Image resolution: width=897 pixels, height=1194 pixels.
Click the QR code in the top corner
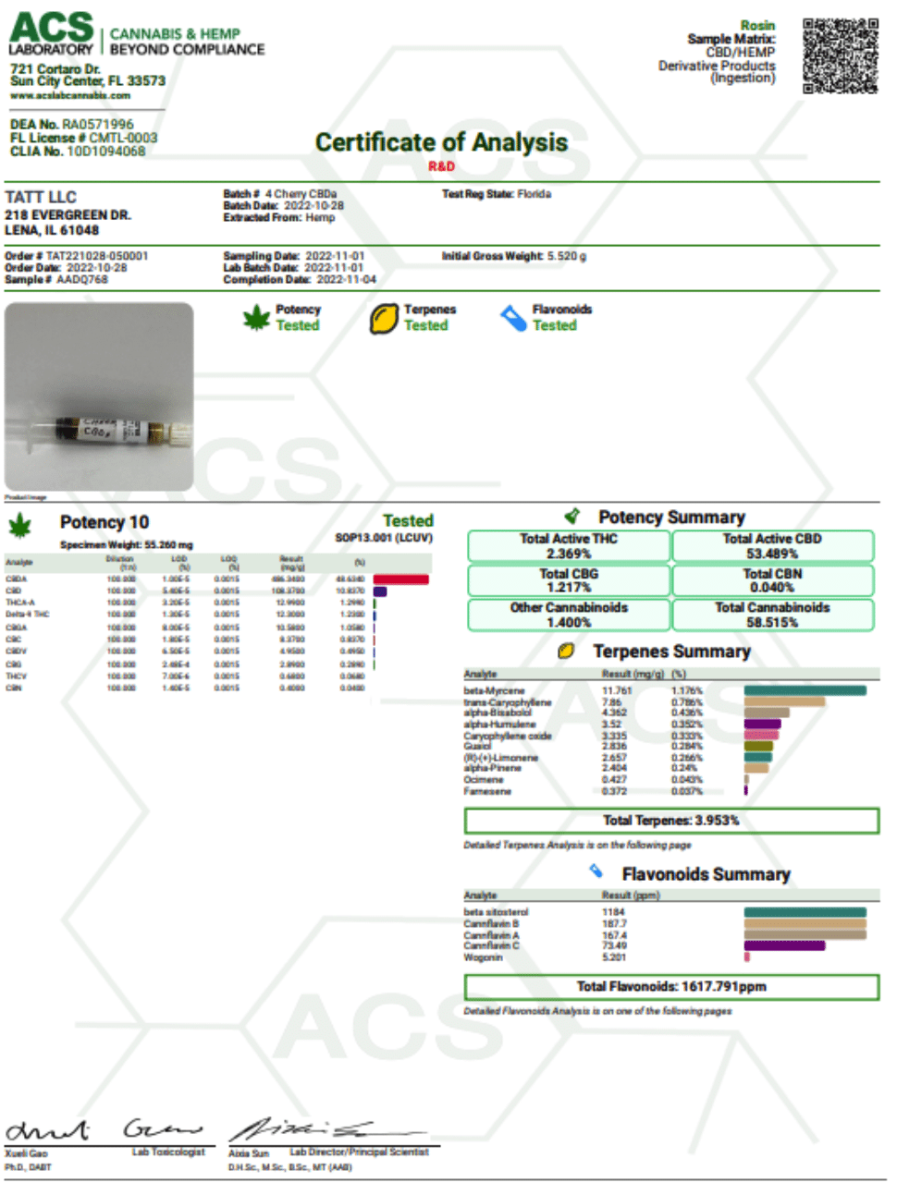pyautogui.click(x=840, y=55)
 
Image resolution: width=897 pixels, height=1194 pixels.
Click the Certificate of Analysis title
pyautogui.click(x=441, y=142)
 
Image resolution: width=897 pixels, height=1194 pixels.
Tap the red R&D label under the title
pyautogui.click(x=441, y=166)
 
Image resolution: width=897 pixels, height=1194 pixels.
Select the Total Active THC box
pyautogui.click(x=569, y=546)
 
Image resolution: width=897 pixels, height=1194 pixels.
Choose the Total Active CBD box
pyautogui.click(x=772, y=546)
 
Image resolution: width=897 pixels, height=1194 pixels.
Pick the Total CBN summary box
pyautogui.click(x=772, y=580)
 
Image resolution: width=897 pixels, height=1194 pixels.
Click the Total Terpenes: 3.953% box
pyautogui.click(x=671, y=821)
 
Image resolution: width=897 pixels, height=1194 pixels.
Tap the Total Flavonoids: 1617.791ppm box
pyautogui.click(x=671, y=987)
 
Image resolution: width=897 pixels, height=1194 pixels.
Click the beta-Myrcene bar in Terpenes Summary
pyautogui.click(x=805, y=690)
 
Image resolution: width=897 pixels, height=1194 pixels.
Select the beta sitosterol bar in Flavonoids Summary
pyautogui.click(x=805, y=912)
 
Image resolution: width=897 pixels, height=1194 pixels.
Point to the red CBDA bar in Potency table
pyautogui.click(x=400, y=579)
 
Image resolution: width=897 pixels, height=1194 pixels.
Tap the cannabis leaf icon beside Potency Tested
pyautogui.click(x=256, y=318)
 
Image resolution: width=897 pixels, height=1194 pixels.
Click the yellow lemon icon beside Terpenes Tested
pyautogui.click(x=384, y=319)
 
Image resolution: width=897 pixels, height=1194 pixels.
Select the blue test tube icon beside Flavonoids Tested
pyautogui.click(x=513, y=318)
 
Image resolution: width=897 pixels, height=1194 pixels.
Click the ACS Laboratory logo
pyautogui.click(x=52, y=33)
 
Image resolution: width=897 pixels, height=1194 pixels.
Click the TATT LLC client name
pyautogui.click(x=41, y=197)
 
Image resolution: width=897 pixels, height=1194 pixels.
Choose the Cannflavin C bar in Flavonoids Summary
pyautogui.click(x=784, y=945)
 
